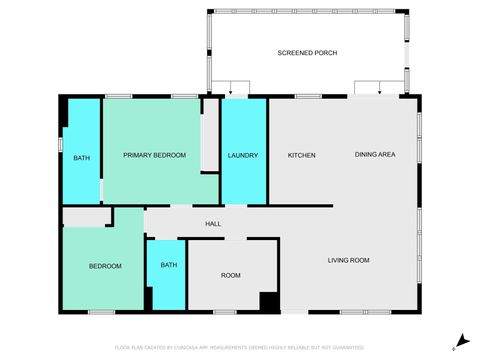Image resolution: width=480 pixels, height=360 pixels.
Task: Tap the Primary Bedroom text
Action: click(154, 155)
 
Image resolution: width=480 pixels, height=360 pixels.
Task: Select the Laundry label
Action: click(243, 155)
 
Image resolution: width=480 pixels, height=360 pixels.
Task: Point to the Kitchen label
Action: click(302, 155)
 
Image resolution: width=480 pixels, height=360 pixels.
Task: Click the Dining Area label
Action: click(376, 155)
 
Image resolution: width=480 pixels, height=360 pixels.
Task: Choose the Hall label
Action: click(213, 224)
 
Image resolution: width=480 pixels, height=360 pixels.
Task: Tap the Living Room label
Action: click(349, 260)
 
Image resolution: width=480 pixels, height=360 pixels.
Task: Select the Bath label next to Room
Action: click(169, 265)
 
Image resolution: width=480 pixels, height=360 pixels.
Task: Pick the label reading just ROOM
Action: click(231, 275)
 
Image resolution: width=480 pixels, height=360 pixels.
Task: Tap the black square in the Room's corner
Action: click(268, 301)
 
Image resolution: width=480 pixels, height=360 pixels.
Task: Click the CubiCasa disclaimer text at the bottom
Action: click(240, 347)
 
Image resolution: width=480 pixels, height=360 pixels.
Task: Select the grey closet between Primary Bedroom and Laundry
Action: click(210, 135)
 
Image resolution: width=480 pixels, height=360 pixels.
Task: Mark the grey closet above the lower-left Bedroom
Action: click(87, 217)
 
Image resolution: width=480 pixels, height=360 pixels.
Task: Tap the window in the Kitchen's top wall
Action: click(307, 96)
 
